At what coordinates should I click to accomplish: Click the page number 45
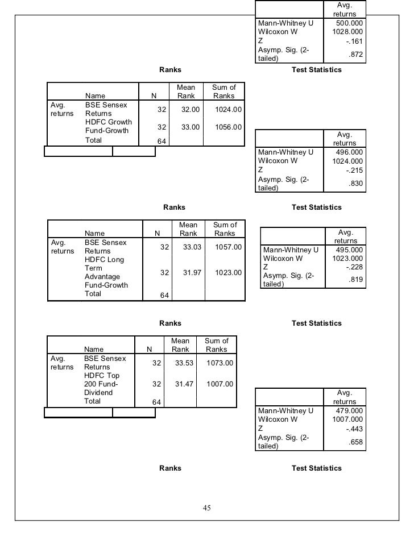tap(207, 508)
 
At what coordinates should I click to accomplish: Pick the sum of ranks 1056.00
tap(228, 127)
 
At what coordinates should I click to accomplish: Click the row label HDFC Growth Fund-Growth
tap(108, 126)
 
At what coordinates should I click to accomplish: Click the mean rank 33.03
tap(191, 247)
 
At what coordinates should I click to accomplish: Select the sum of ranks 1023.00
tap(229, 273)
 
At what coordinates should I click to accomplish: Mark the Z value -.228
tap(355, 267)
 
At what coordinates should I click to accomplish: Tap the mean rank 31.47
tap(184, 384)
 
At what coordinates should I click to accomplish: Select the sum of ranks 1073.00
tap(220, 363)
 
